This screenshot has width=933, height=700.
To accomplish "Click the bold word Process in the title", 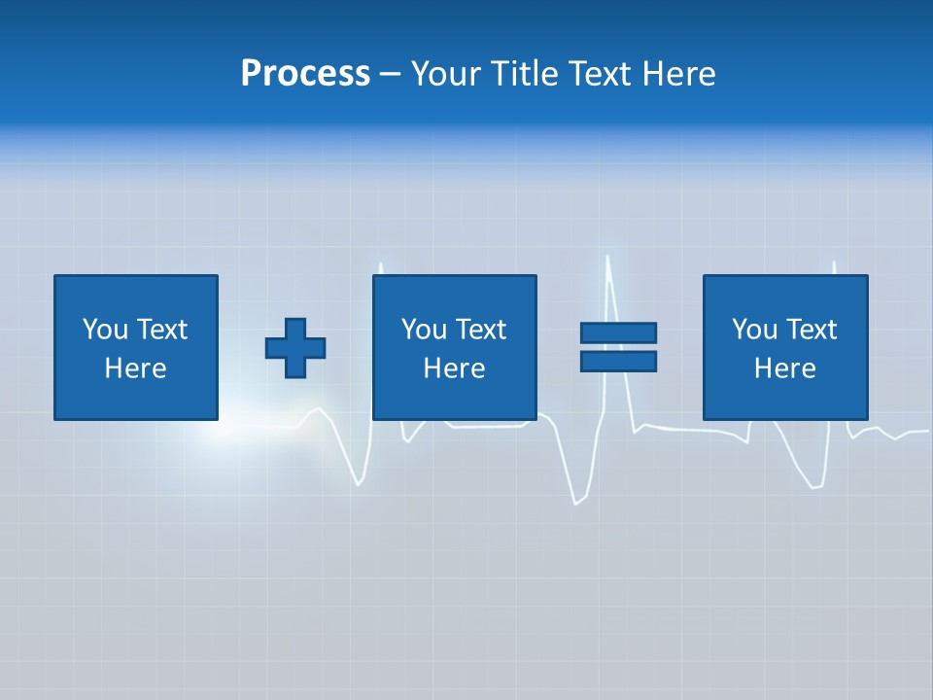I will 305,74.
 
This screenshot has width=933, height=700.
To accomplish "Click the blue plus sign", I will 295,347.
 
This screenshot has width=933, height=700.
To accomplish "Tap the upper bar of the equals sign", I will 618,332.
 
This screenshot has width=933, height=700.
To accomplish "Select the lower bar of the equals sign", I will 618,361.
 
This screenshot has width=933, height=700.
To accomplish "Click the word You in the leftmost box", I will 104,330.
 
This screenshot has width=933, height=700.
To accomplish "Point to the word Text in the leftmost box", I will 161,330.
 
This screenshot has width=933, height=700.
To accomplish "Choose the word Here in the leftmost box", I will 136,368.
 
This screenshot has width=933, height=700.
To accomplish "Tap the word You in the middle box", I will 423,330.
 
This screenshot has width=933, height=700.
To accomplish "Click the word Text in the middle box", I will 480,330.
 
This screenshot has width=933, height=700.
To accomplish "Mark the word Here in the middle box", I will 455,368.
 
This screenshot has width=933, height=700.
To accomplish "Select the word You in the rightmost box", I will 753,330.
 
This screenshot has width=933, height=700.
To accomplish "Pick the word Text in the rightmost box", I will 811,330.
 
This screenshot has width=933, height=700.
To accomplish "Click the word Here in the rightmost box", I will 785,368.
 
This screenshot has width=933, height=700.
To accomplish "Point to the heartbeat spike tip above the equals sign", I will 608,258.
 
